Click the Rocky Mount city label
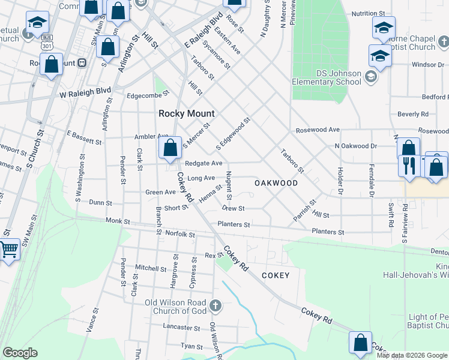click(x=186, y=113)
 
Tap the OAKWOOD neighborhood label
click(x=276, y=182)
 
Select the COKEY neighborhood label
click(x=276, y=275)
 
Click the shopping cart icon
click(x=8, y=249)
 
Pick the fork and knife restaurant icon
click(x=410, y=166)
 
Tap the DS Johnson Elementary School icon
click(x=371, y=76)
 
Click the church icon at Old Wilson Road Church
click(x=215, y=307)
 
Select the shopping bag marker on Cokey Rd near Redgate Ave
click(x=170, y=148)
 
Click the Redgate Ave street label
click(x=203, y=163)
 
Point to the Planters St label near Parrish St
click(x=328, y=232)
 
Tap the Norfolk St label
click(x=180, y=234)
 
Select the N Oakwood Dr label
click(x=355, y=146)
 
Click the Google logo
click(x=20, y=353)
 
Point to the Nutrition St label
click(x=368, y=13)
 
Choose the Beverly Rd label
click(x=412, y=113)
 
